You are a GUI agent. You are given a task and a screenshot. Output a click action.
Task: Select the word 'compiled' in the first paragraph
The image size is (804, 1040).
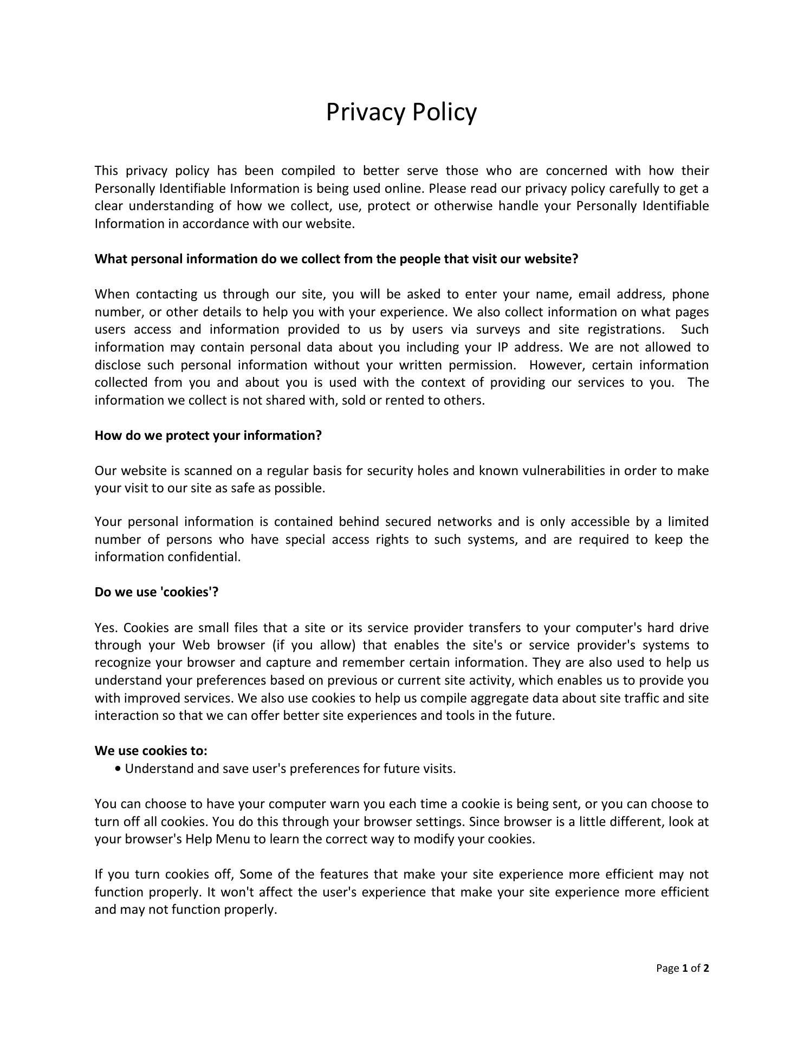pos(308,171)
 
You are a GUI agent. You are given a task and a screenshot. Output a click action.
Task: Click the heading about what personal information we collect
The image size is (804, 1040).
pos(336,259)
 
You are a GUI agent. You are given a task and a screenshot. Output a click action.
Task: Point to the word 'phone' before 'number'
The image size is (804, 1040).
pos(690,295)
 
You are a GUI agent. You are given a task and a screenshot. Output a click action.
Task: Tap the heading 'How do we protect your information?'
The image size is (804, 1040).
pos(208,435)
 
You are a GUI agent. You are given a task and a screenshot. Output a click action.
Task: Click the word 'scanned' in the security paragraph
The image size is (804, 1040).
pos(207,471)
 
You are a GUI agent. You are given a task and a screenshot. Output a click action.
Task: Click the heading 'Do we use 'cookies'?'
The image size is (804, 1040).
pos(157,592)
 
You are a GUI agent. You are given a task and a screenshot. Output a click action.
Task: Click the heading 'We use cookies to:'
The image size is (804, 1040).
pos(151,751)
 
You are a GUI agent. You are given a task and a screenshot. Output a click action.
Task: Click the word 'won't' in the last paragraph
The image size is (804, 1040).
pos(230,892)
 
